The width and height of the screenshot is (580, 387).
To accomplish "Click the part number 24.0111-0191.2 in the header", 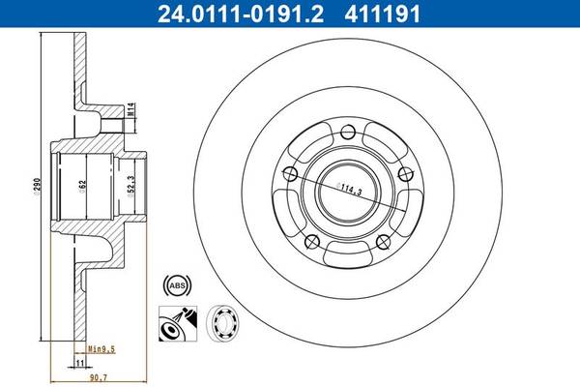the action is pyautogui.click(x=241, y=15).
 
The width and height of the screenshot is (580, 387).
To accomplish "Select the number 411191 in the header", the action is pyautogui.click(x=383, y=15).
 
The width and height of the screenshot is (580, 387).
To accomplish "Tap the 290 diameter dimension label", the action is pyautogui.click(x=37, y=186).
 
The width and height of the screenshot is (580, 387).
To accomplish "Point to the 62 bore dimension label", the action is pyautogui.click(x=82, y=186).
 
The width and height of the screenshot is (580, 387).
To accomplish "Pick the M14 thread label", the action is pyautogui.click(x=130, y=110).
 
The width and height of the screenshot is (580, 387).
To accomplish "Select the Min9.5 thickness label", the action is pyautogui.click(x=101, y=349).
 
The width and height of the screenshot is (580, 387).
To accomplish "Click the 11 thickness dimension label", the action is pyautogui.click(x=79, y=363).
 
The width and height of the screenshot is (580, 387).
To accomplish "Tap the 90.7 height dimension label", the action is pyautogui.click(x=99, y=377).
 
